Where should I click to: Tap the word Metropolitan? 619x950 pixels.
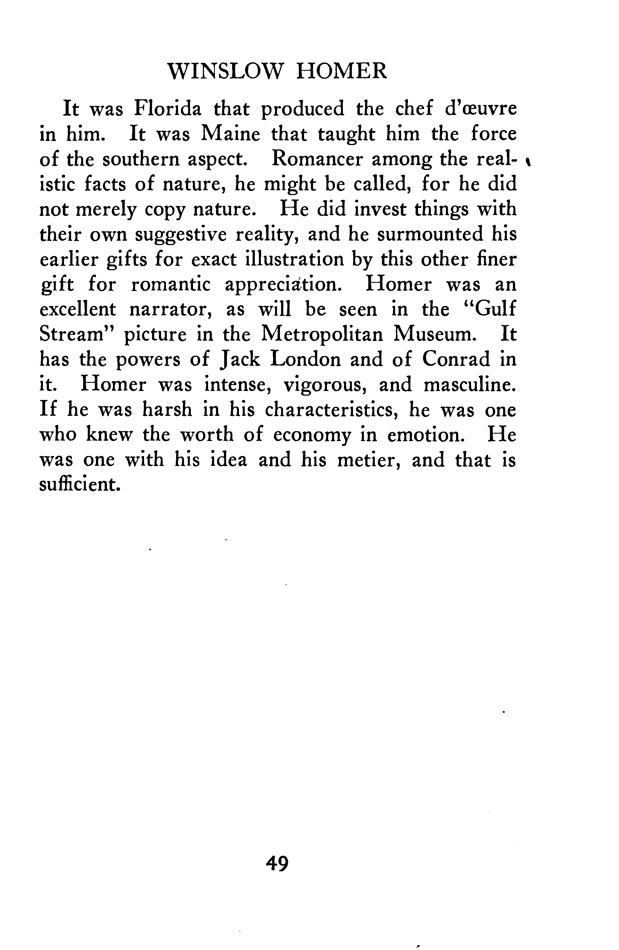[322, 334]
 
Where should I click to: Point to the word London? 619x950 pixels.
[305, 359]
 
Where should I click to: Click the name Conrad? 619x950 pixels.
[456, 359]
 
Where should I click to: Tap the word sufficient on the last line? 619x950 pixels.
[80, 485]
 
